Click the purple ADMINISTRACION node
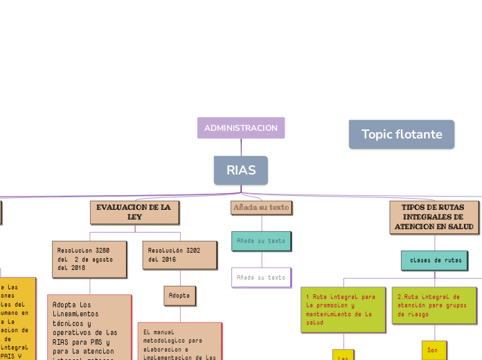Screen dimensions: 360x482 (x=241, y=128)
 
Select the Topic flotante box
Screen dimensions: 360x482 (x=402, y=134)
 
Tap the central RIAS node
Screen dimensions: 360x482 (x=241, y=170)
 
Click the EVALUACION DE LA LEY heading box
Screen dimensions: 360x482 (x=134, y=213)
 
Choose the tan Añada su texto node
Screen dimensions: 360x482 (x=261, y=208)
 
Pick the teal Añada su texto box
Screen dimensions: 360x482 (x=261, y=241)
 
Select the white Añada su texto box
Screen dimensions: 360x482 (x=261, y=277)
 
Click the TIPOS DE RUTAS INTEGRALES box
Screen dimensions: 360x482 (x=434, y=217)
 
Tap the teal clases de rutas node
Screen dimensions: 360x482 (x=435, y=260)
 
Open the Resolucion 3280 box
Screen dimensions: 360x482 (x=89, y=259)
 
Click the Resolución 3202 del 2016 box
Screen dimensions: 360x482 (x=179, y=255)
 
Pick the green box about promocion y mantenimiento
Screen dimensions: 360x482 (x=343, y=309)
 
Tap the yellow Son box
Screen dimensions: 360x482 (x=434, y=350)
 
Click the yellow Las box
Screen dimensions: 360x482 (x=343, y=355)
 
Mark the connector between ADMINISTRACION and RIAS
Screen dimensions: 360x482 (x=241, y=147)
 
